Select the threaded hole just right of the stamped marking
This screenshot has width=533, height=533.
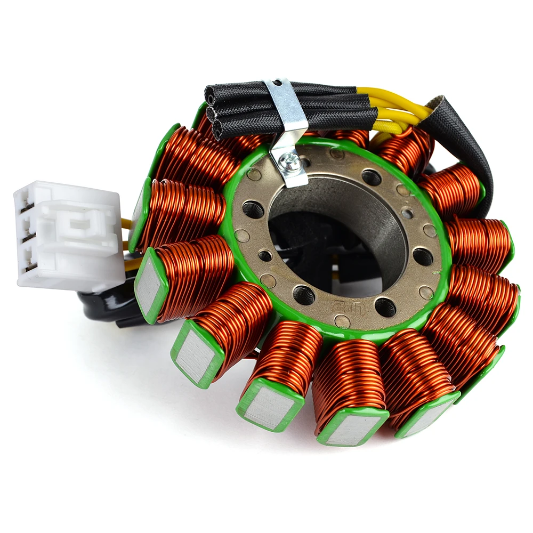tap(385, 306)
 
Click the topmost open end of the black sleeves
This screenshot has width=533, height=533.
tap(209, 96)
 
